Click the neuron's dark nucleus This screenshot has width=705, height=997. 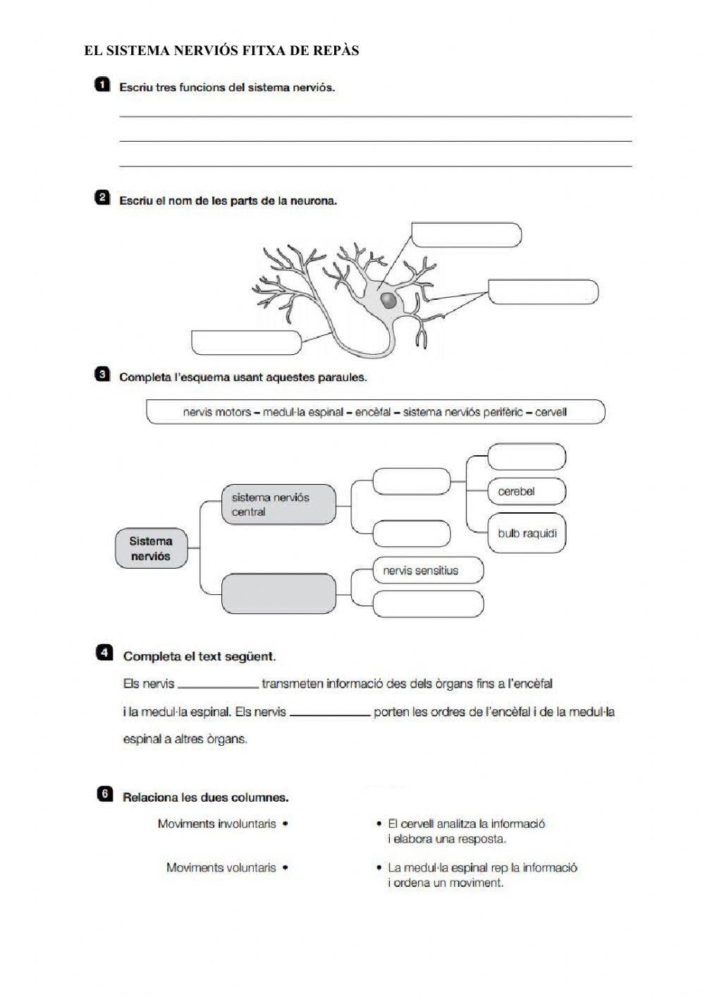388,301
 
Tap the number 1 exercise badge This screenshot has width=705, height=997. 102,85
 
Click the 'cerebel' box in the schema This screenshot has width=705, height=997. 526,492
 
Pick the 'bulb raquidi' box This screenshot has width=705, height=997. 526,533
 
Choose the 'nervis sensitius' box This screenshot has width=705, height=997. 427,570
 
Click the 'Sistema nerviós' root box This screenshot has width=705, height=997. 151,549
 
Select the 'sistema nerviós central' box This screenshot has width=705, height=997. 278,504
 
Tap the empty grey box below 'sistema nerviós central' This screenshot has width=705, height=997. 278,593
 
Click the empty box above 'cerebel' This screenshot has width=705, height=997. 526,456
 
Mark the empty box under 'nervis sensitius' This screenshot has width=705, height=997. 427,605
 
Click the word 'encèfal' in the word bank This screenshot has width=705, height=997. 373,412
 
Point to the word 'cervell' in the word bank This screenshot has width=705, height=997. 551,412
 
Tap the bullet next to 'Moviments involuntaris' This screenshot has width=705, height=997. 286,823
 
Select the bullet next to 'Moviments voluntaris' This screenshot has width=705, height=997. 286,868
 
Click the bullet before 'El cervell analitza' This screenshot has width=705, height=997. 379,823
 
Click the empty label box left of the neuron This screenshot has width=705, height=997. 246,342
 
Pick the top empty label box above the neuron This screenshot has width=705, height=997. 466,234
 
